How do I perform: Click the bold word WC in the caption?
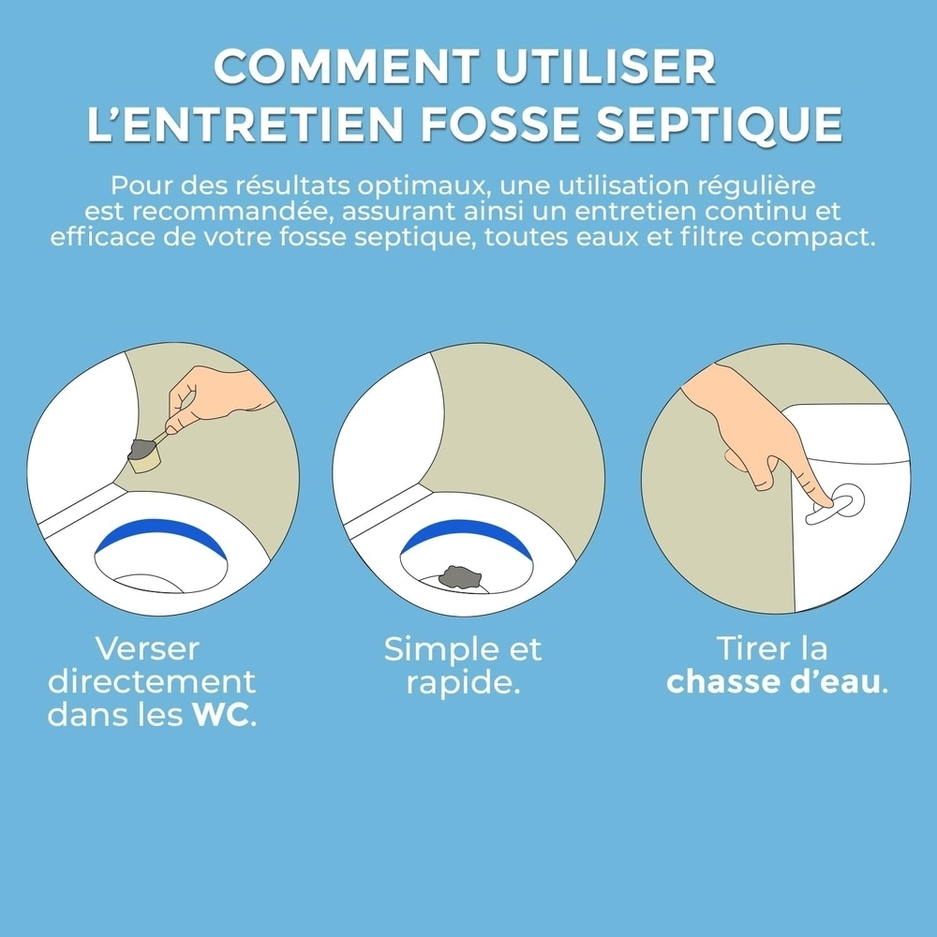pyautogui.click(x=221, y=716)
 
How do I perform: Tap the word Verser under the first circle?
pyautogui.click(x=148, y=648)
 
